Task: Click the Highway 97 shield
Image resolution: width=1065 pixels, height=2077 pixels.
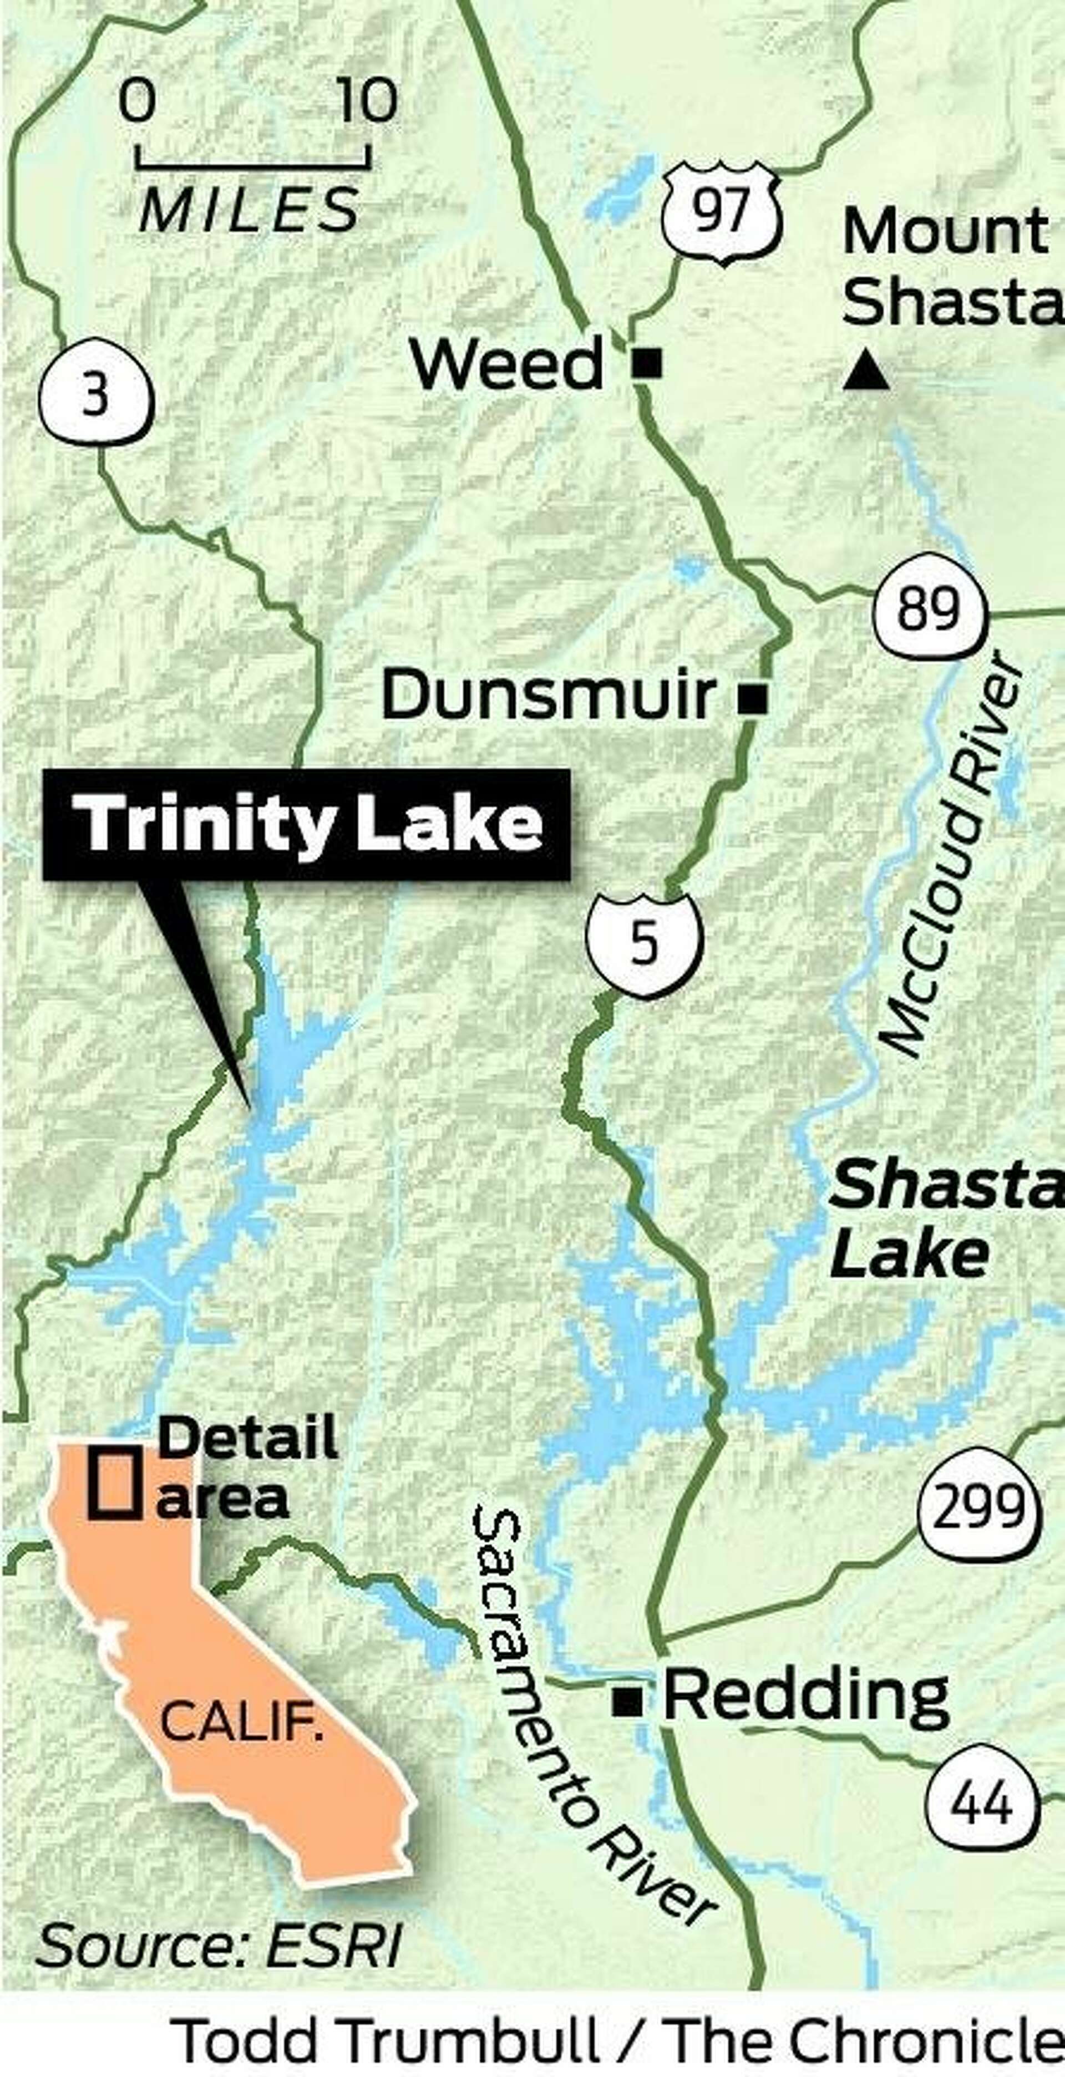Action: pyautogui.click(x=722, y=212)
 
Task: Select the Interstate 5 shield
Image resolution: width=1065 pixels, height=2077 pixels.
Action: pyautogui.click(x=644, y=942)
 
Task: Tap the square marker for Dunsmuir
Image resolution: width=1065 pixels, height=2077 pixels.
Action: pyautogui.click(x=754, y=698)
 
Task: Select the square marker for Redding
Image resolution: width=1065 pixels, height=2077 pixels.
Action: pyautogui.click(x=627, y=1702)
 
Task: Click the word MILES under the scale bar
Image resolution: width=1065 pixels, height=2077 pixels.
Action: pyautogui.click(x=249, y=210)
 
